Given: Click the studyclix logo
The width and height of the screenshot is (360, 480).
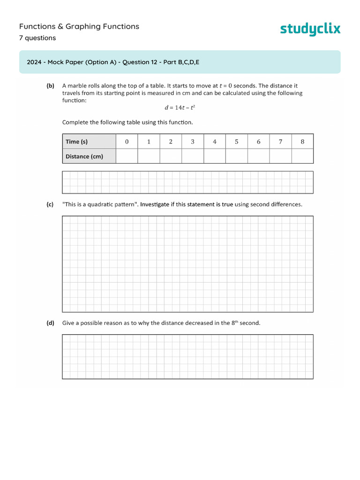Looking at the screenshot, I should point(310,29).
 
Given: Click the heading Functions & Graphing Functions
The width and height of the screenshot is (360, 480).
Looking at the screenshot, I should point(79,27).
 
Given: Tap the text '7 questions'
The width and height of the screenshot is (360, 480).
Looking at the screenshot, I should point(37,38).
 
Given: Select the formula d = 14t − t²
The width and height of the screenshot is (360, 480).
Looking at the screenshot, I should point(180,107).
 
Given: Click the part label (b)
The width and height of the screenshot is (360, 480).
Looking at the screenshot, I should point(50,86).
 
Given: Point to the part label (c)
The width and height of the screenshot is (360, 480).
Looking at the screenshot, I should point(50,204).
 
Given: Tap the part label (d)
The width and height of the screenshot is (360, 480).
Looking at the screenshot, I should point(50,323).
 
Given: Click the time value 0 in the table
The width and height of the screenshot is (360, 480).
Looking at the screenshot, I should point(127,142).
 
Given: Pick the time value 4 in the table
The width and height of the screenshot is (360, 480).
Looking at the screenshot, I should point(215,142).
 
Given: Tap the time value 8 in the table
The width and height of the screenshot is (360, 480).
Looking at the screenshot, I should point(302,142).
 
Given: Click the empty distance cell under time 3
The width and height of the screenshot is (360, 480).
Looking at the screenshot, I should point(193,156).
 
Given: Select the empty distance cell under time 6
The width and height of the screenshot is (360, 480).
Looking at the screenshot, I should point(258,156).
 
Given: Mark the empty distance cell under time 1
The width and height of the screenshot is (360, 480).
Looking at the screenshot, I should point(149,156).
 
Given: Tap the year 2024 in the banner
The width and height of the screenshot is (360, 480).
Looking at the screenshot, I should point(34,62).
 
